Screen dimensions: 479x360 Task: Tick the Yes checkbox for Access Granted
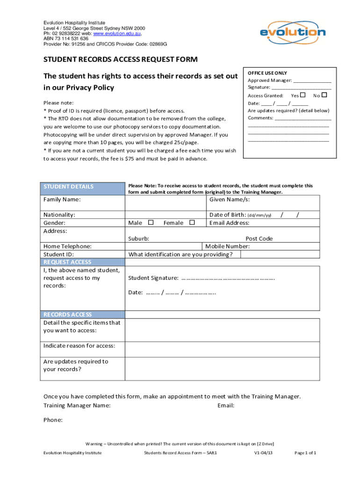tap(302, 95)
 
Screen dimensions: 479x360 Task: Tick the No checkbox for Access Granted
tap(324, 95)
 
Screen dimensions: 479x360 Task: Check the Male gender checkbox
tap(151, 223)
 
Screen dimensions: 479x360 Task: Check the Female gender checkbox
tap(192, 223)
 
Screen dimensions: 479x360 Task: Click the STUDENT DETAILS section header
tap(69, 187)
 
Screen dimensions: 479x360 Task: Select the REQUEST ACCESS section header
tap(67, 262)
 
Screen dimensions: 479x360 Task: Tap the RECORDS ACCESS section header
tap(68, 314)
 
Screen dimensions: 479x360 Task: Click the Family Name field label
tap(62, 200)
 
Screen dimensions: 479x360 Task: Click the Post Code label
tap(259, 239)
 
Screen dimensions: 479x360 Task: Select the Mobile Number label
tap(227, 247)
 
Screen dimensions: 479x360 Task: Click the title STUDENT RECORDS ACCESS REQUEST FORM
tap(121, 59)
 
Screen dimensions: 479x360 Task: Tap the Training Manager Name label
tap(77, 405)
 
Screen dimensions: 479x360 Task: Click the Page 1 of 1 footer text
tap(306, 453)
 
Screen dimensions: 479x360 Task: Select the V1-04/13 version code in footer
tap(264, 453)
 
